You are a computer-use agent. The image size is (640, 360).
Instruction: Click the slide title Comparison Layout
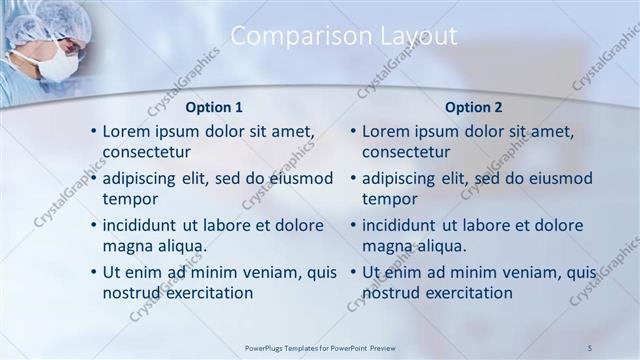344,36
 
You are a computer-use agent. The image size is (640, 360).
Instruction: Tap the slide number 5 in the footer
591,347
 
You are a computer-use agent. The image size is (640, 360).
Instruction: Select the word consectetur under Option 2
406,152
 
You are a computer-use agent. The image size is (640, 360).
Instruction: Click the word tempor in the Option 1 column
130,199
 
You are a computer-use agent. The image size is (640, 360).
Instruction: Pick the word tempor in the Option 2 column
390,199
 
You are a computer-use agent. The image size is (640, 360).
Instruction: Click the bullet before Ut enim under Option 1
93,272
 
